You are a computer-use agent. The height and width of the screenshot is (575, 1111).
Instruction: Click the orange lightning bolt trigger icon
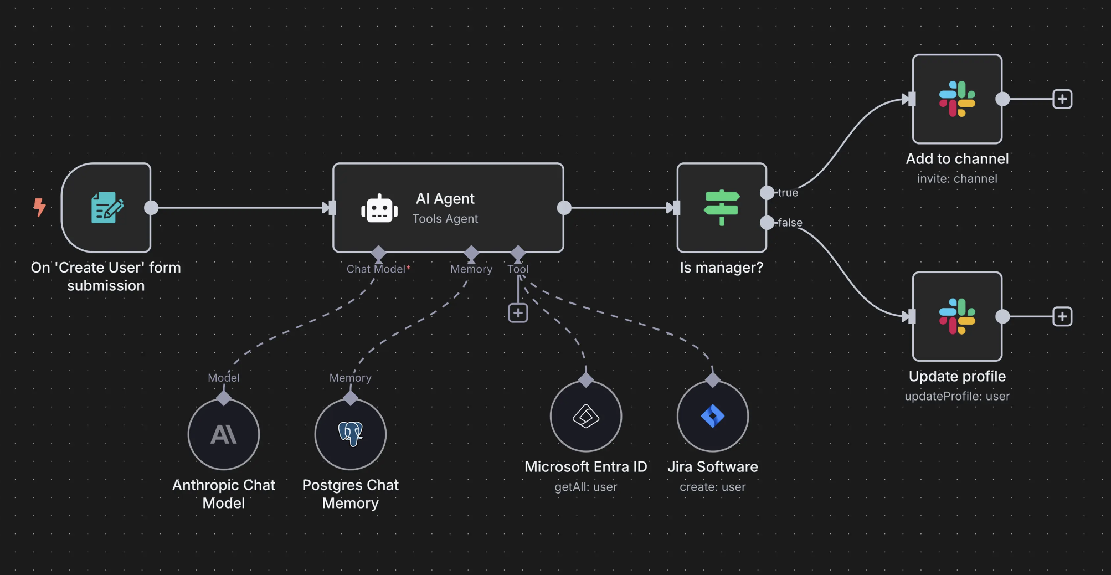click(x=39, y=207)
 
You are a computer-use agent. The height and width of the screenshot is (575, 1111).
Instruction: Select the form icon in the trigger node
click(x=106, y=208)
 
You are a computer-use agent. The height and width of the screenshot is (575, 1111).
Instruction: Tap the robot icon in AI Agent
click(x=379, y=209)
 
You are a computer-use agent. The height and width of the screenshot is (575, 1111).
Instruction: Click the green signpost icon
click(x=721, y=207)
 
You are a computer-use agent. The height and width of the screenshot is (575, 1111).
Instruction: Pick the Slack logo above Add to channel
click(x=957, y=99)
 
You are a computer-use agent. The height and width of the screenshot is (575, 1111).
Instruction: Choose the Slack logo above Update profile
click(x=957, y=316)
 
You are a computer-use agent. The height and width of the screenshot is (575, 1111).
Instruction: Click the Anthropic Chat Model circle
click(x=224, y=434)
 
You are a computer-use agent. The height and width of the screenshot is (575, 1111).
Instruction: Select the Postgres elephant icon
click(x=351, y=434)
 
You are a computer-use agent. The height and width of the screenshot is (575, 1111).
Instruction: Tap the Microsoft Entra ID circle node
click(x=586, y=416)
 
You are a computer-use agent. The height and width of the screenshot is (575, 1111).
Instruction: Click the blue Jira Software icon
click(x=713, y=416)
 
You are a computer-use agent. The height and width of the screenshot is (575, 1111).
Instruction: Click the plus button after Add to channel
click(x=1062, y=99)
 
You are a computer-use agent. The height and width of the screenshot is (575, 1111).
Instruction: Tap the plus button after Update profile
click(x=1062, y=316)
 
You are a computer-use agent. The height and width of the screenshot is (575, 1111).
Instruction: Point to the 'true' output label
click(x=788, y=193)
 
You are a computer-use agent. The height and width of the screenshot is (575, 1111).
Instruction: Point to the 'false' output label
click(x=790, y=223)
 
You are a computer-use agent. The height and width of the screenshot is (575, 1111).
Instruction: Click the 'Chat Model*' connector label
click(x=378, y=269)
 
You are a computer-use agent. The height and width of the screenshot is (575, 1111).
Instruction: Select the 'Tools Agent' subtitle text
click(x=445, y=219)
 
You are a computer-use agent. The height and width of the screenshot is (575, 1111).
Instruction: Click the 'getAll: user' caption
click(x=586, y=487)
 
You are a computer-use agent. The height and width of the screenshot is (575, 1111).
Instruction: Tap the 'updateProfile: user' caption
click(x=957, y=396)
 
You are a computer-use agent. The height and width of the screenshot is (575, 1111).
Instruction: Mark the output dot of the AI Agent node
click(x=564, y=208)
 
